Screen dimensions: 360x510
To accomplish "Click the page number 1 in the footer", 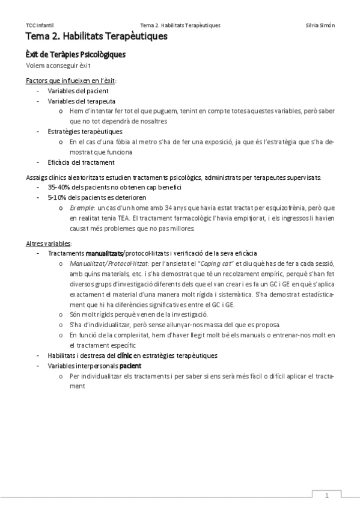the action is [x=327, y=496].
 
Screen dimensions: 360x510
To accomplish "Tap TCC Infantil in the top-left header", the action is [x=40, y=25].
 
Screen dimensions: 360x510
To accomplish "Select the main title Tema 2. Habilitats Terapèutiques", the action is [x=96, y=37].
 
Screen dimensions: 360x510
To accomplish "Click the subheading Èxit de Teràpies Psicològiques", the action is [x=76, y=54].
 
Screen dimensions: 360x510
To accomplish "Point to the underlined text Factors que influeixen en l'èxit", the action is [x=72, y=80].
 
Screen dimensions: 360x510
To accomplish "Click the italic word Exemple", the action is [x=81, y=207].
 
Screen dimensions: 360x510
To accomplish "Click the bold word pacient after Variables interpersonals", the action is [x=132, y=366].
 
